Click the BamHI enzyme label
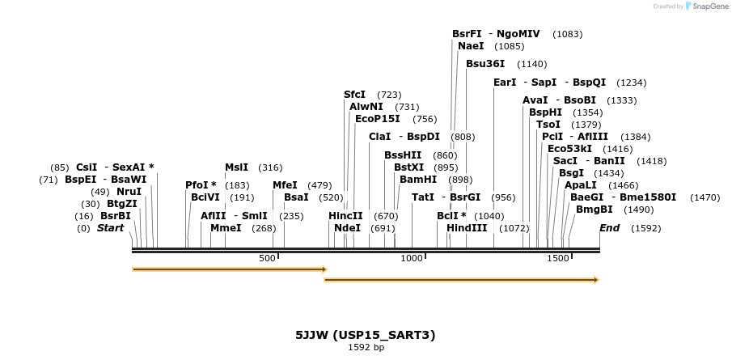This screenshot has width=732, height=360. (417, 180)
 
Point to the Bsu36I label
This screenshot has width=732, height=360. (485, 63)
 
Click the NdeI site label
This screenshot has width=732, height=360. (347, 228)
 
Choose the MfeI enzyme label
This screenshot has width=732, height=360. (285, 185)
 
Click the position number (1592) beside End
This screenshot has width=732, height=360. (646, 228)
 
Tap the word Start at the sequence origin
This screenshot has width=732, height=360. (110, 228)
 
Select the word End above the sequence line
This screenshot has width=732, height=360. (609, 228)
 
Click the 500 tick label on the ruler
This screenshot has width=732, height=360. (267, 258)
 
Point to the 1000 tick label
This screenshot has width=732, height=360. (412, 258)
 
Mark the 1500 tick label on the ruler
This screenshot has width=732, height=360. (557, 258)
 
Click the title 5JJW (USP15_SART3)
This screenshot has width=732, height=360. (366, 334)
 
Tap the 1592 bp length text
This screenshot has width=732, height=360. (366, 347)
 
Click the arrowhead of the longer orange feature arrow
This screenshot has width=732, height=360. (594, 280)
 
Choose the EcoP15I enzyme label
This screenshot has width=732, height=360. (377, 119)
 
